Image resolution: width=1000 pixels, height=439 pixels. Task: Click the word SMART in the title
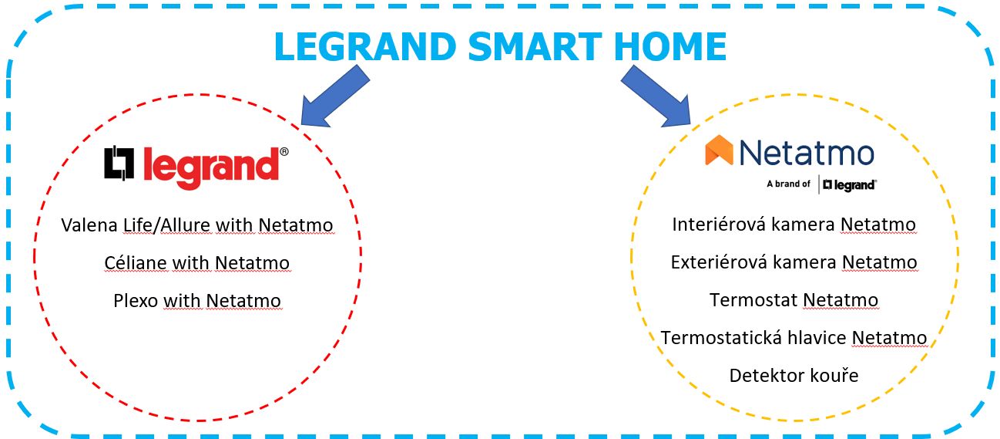click(x=535, y=46)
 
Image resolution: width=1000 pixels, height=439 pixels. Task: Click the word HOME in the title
click(x=670, y=46)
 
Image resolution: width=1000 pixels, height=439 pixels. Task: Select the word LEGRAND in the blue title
click(x=365, y=46)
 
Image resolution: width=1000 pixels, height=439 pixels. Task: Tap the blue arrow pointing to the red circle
click(x=335, y=96)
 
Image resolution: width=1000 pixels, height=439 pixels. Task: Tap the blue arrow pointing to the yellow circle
click(x=656, y=96)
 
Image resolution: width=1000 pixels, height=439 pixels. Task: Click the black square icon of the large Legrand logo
click(x=119, y=163)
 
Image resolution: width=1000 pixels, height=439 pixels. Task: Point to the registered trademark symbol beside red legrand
click(x=284, y=152)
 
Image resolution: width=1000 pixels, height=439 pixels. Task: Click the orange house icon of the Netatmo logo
click(x=720, y=150)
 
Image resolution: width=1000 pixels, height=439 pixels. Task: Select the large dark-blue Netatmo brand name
click(x=807, y=153)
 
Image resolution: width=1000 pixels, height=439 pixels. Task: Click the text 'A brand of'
click(x=788, y=184)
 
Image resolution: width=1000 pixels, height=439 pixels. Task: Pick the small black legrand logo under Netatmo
click(x=850, y=184)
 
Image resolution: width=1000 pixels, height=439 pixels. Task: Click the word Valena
click(x=89, y=225)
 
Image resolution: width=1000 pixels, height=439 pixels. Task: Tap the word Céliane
click(x=136, y=263)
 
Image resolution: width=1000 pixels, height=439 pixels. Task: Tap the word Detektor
click(x=765, y=376)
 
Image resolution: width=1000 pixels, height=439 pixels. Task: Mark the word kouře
click(x=832, y=376)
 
